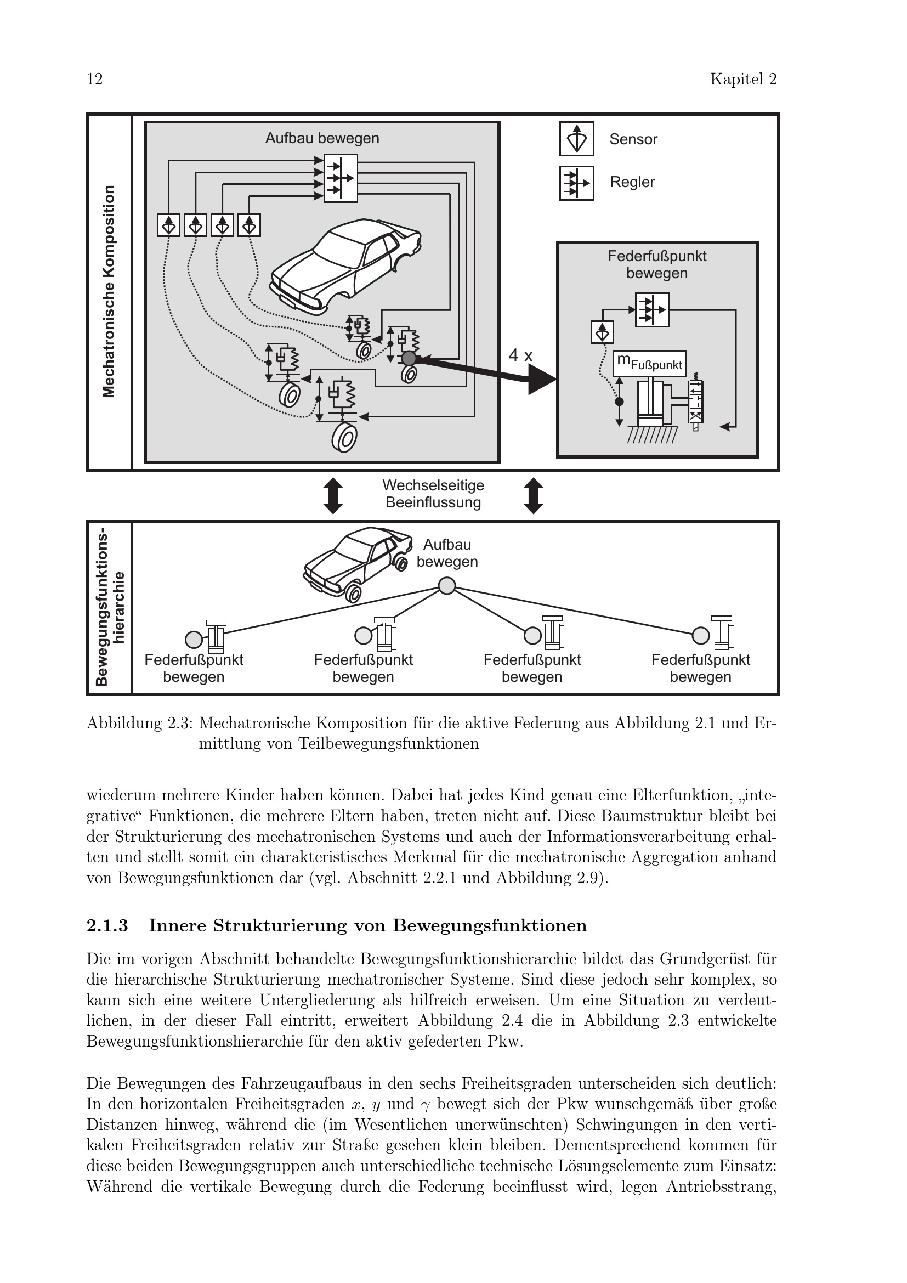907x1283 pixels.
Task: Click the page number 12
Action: (x=94, y=80)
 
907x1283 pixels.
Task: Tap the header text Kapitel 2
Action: (x=743, y=80)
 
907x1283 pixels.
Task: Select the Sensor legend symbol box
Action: (x=576, y=139)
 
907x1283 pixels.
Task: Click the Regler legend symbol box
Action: (x=576, y=183)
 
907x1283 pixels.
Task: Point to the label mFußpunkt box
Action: (x=649, y=364)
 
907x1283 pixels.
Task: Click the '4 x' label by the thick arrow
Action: (x=520, y=355)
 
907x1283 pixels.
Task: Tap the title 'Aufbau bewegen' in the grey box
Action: (x=322, y=138)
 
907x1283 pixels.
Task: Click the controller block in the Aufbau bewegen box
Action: (x=340, y=178)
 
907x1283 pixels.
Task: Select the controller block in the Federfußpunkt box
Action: (x=652, y=309)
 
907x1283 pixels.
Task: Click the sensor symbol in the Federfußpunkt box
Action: (x=602, y=332)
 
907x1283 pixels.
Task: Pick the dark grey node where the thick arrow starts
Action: (x=409, y=358)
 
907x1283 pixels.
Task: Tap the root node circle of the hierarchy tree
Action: (x=446, y=586)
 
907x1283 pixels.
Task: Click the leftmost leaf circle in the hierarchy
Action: (x=193, y=638)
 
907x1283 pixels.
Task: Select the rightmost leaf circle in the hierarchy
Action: (x=700, y=635)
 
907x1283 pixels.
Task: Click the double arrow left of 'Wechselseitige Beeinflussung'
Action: (x=333, y=495)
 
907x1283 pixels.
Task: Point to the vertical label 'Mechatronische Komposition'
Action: (x=109, y=292)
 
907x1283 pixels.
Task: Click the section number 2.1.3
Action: (x=107, y=926)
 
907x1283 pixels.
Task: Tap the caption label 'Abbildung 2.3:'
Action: (x=140, y=724)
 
